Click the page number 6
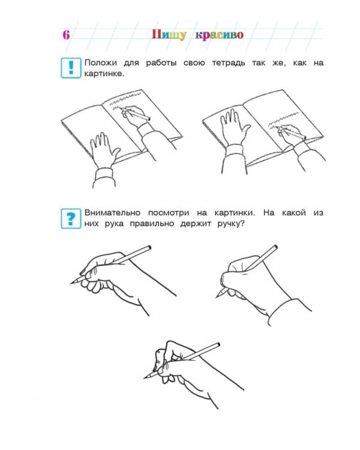(66, 35)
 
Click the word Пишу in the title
(169, 35)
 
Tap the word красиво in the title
(220, 35)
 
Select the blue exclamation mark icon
(71, 68)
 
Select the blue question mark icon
(71, 218)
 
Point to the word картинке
(103, 74)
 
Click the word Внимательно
(112, 213)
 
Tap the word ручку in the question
(229, 224)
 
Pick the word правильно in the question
(152, 224)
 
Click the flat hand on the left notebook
(104, 151)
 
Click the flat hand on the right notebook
(235, 127)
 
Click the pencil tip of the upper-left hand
(71, 284)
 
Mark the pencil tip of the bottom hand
(145, 378)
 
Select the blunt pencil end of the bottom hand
(218, 344)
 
